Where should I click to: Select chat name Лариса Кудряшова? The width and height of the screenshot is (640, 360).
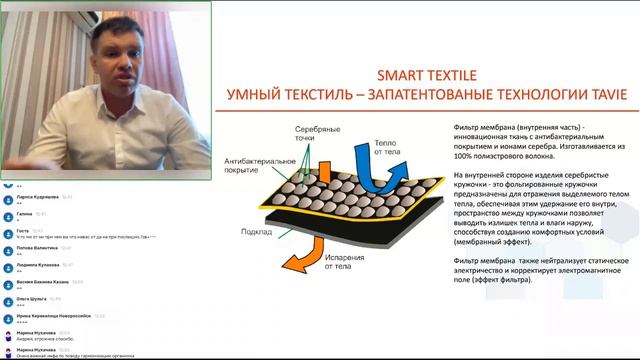[40, 197]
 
